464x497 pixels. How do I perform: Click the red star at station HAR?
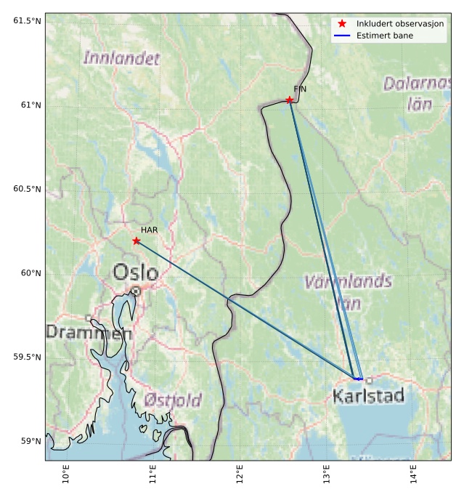137,241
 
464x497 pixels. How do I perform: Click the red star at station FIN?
289,100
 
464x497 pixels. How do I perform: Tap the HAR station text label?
150,230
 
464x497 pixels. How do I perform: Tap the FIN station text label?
300,89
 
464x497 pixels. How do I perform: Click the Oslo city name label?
135,272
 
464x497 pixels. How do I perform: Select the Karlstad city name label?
367,396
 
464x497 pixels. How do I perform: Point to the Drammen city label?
89,333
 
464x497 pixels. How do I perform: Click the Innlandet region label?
121,59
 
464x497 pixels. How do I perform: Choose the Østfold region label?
172,400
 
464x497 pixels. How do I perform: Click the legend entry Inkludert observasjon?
399,24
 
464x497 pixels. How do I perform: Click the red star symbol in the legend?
342,24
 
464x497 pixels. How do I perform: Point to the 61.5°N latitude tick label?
27,20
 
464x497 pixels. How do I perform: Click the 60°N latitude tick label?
30,273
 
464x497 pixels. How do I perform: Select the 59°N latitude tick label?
30,441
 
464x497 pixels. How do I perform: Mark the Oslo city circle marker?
136,291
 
